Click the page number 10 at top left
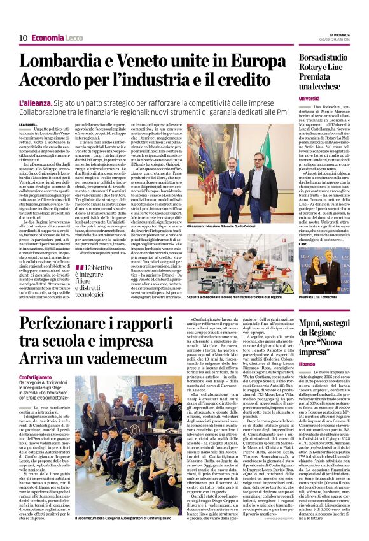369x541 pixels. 22,38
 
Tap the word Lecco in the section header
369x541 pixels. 74,38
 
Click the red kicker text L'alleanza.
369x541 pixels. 38,101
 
